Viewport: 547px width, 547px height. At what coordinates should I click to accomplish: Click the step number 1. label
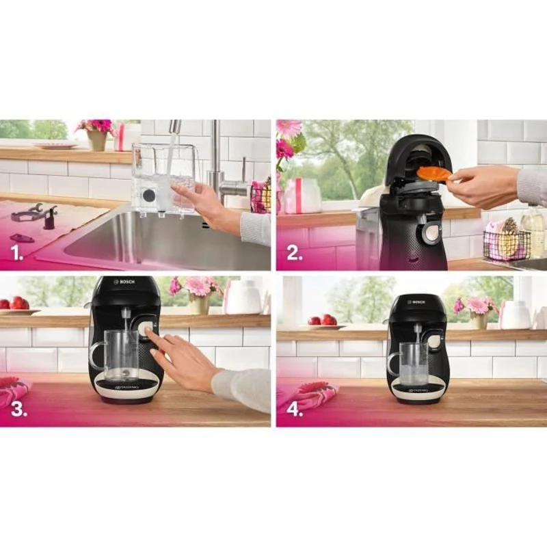pos(16,257)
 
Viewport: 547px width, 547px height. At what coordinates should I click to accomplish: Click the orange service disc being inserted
pos(433,174)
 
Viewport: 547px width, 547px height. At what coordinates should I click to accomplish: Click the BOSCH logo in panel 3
pos(125,281)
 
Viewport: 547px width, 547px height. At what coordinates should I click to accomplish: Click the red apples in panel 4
pos(321,319)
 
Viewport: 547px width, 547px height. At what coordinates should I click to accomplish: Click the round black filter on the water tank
pos(148,195)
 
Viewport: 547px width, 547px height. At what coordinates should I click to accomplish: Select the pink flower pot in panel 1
pos(96,139)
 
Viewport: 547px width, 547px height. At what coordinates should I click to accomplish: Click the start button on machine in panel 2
pos(432,233)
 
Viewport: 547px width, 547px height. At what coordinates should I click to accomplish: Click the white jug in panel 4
pos(516,315)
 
